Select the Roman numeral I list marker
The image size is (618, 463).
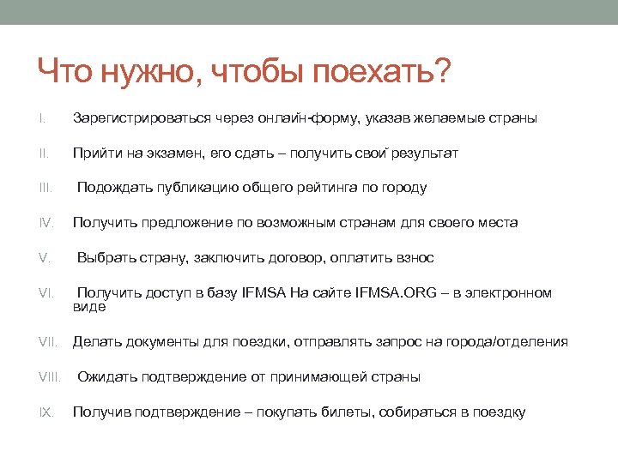[40, 117]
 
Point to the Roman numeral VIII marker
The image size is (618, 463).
[50, 377]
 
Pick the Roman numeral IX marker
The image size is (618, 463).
[45, 412]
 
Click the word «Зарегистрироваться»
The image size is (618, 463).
[133, 118]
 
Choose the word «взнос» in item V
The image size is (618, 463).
[415, 258]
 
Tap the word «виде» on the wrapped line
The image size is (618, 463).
[89, 306]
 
